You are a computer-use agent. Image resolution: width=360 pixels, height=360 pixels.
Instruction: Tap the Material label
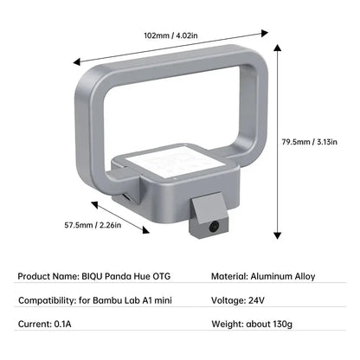point(232,279)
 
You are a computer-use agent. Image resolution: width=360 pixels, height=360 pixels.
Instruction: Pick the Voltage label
point(232,301)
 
